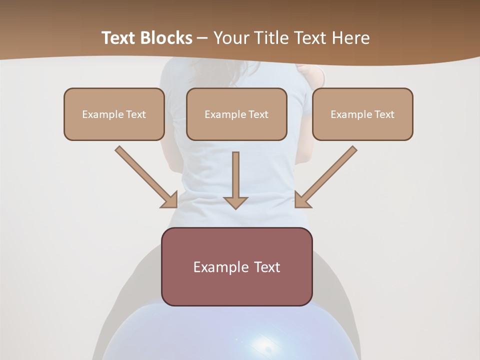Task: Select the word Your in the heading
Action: click(230, 38)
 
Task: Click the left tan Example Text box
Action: click(114, 114)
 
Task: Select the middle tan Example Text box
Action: click(236, 114)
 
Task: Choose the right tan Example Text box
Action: click(362, 114)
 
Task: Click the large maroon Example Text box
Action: click(236, 266)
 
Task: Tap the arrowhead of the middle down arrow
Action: click(235, 202)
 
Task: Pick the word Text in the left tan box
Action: click(136, 114)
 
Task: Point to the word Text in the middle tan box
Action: click(258, 114)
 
